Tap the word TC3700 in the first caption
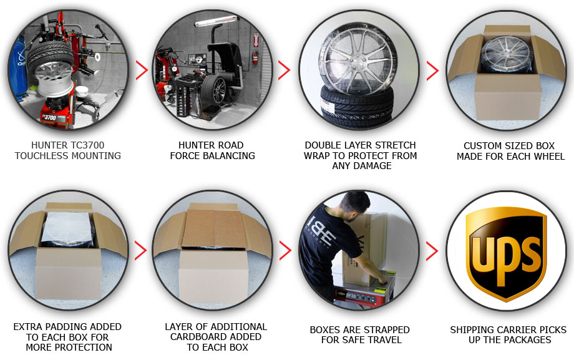tap(88, 145)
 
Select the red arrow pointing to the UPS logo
tap(432, 251)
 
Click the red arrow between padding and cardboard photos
tap(141, 250)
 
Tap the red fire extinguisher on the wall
tap(255, 59)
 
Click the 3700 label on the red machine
tap(49, 117)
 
